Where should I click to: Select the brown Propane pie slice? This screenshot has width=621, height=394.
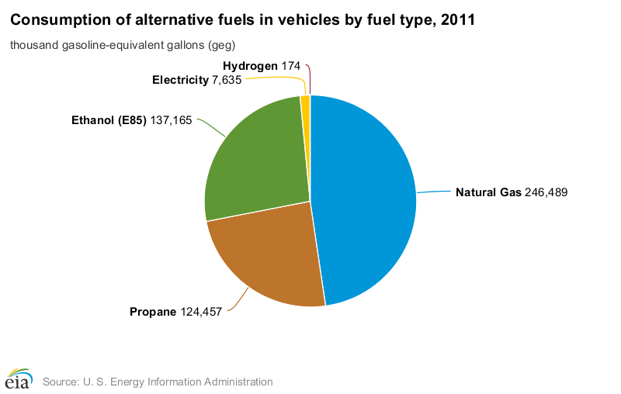(268, 260)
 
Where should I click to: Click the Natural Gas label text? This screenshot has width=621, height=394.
(488, 192)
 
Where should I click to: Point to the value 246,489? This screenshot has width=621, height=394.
(547, 192)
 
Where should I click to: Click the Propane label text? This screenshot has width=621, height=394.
(152, 312)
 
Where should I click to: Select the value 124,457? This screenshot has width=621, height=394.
(201, 312)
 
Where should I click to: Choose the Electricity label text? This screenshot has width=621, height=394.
(180, 80)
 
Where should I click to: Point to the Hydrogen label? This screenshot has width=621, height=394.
(250, 66)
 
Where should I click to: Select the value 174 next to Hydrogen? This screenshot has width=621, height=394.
(291, 66)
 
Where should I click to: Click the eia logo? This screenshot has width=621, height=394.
(17, 379)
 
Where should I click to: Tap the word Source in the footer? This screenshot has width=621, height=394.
(58, 382)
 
